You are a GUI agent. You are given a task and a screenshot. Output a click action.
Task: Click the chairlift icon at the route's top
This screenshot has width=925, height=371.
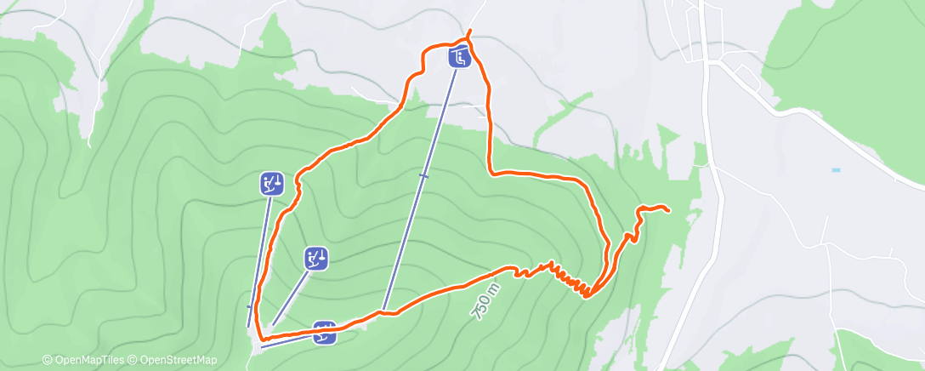(x=459, y=58)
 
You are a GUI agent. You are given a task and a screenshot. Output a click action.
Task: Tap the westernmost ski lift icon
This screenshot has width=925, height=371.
(x=271, y=183)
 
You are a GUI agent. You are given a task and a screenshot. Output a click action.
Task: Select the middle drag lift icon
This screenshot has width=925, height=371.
(x=316, y=258)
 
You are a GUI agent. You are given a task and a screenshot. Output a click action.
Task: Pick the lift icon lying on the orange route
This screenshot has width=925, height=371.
(x=325, y=333)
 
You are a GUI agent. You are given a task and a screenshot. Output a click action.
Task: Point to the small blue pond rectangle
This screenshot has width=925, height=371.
(x=836, y=170)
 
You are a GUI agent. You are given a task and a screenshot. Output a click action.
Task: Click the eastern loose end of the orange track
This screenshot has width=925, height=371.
(x=667, y=210)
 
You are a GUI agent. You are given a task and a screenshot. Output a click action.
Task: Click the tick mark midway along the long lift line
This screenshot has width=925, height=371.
(x=423, y=176)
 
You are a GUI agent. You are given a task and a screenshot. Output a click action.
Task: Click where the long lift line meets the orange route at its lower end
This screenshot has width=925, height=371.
(x=384, y=311)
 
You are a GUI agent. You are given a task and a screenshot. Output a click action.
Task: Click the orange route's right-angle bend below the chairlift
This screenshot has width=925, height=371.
(x=491, y=171)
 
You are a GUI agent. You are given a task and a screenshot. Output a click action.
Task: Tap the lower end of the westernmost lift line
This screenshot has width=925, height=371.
(x=249, y=326)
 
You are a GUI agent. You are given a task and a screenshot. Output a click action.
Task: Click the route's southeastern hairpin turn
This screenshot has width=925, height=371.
(x=587, y=295)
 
